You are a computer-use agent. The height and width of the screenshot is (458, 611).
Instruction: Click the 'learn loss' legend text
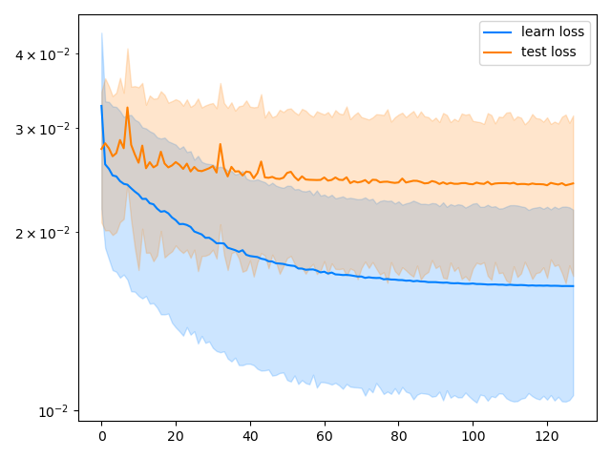[553, 31]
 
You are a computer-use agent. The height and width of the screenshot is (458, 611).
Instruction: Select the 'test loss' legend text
[549, 52]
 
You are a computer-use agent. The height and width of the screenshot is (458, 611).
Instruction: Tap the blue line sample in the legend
[499, 31]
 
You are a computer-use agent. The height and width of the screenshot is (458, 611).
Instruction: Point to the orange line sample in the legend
[499, 52]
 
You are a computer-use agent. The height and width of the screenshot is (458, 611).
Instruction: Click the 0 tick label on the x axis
[101, 435]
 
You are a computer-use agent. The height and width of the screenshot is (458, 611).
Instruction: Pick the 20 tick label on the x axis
[176, 435]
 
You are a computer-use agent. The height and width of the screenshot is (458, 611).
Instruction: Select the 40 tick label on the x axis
[250, 435]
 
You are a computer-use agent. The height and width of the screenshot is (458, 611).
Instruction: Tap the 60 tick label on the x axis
[325, 435]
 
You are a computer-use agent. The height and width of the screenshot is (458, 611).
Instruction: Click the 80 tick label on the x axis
[398, 435]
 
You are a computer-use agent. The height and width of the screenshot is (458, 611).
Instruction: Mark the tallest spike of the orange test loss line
[127, 108]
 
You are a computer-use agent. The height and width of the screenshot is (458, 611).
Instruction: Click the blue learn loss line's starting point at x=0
[101, 106]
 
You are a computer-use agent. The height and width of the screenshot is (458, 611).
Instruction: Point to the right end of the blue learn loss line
[573, 286]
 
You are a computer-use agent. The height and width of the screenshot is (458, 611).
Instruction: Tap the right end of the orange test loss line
[573, 183]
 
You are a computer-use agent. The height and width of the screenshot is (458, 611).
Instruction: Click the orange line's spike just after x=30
[221, 145]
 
